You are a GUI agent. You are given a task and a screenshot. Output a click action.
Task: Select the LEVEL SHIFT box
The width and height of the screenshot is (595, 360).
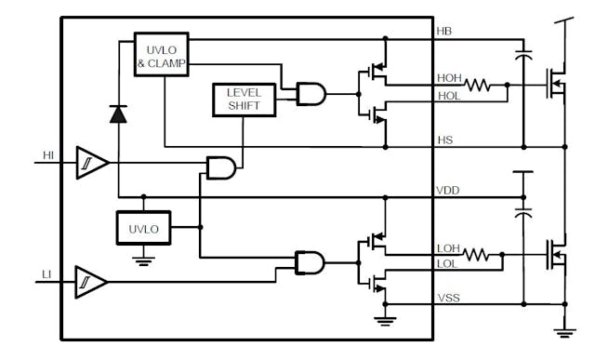(245, 99)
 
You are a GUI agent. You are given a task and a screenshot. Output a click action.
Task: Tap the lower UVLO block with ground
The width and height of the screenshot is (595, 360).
(143, 227)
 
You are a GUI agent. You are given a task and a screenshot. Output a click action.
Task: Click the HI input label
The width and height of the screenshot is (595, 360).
(48, 155)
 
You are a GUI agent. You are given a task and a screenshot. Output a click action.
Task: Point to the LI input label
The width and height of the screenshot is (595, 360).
(46, 273)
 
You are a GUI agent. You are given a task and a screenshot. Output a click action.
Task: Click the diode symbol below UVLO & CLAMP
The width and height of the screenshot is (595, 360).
(118, 114)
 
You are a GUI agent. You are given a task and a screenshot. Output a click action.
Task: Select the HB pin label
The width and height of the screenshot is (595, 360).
(444, 32)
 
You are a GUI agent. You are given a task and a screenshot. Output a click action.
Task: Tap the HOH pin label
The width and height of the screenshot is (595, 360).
(450, 78)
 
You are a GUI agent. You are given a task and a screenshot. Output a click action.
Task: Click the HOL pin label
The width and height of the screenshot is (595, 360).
(449, 95)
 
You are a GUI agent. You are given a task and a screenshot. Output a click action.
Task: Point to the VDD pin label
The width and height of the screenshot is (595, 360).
(448, 190)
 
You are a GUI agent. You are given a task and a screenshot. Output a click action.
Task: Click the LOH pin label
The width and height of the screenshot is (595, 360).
(449, 247)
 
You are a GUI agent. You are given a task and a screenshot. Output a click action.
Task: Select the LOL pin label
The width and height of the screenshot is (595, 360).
(448, 263)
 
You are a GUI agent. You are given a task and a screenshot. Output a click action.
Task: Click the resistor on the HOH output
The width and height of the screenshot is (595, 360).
(478, 86)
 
